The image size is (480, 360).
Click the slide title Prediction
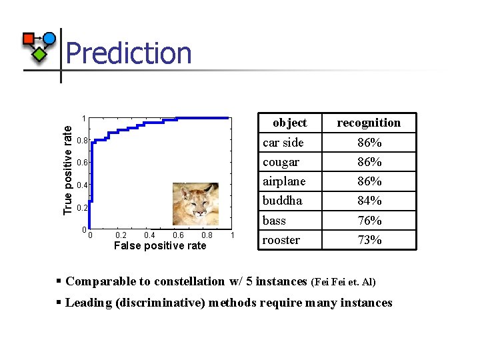point(129,53)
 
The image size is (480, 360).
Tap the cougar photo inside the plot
point(195,204)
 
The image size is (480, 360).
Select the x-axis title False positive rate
point(160,246)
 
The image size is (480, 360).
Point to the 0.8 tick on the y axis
point(81,141)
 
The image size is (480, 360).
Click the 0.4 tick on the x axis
point(149,235)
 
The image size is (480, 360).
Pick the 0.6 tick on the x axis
point(178,235)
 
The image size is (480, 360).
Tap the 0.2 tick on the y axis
point(81,208)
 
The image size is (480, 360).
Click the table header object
point(290,123)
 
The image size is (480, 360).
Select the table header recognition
point(369,123)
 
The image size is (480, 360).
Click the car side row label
point(283,143)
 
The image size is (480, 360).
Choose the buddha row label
point(282,201)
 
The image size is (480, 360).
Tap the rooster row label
point(281,240)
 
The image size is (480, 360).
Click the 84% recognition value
point(369,201)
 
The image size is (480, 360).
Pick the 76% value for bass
point(369,221)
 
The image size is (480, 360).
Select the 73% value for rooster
point(369,240)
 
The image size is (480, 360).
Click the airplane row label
point(284,181)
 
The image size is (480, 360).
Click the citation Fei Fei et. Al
point(343,282)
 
